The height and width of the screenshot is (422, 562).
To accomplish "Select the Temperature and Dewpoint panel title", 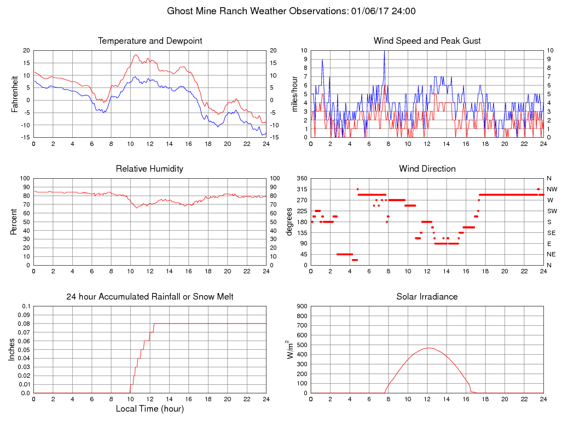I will [150, 41].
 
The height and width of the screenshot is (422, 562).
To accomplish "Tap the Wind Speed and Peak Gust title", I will [427, 41].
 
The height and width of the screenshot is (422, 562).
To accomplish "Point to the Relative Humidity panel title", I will [150, 169].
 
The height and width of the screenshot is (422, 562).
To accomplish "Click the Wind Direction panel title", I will [427, 169].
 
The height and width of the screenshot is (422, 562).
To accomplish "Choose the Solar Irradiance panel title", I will [427, 297].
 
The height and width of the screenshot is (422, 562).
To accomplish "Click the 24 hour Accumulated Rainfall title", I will [150, 297].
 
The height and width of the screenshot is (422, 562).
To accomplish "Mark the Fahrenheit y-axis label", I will [15, 93].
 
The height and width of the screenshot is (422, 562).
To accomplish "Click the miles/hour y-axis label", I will [294, 93].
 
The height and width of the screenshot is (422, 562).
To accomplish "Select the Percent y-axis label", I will [15, 221].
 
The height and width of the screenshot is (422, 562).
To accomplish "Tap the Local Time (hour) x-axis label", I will [150, 408].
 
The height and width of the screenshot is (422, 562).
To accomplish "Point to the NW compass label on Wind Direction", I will [549, 189].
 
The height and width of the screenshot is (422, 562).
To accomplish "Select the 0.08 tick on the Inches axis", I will [24, 324].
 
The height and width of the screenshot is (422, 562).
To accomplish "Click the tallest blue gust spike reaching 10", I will [384, 51].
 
